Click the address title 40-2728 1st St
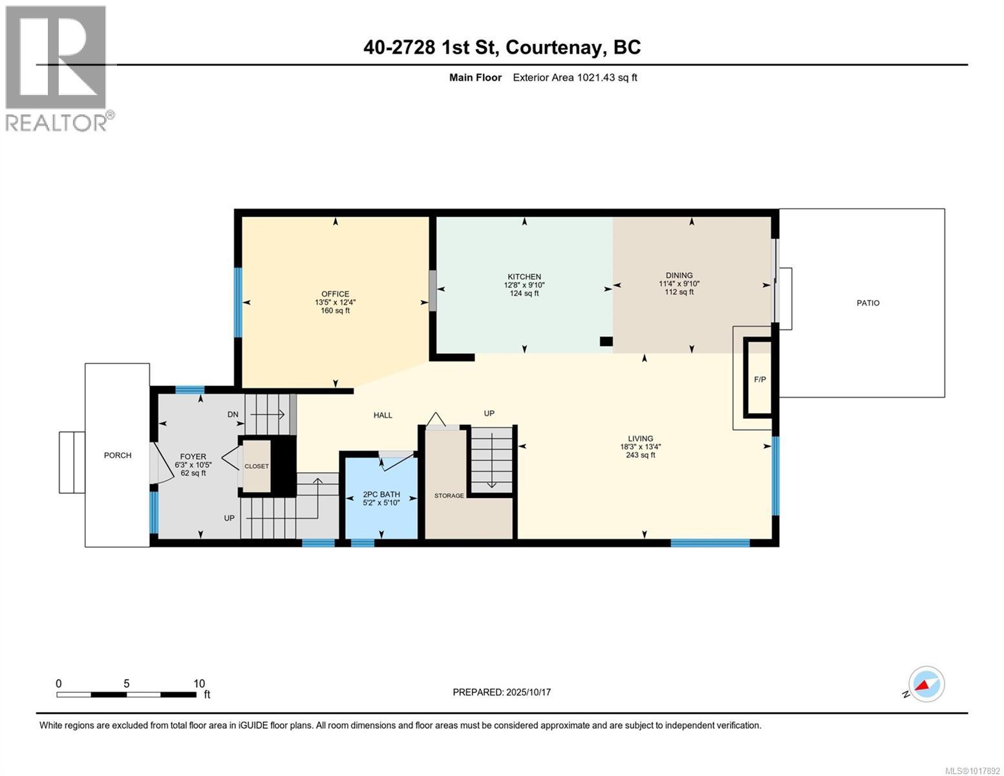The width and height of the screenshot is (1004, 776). click(x=502, y=47)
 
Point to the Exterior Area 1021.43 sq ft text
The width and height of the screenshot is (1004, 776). click(x=575, y=78)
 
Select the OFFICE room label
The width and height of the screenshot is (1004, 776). click(x=335, y=294)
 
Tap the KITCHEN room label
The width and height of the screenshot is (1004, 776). click(x=524, y=277)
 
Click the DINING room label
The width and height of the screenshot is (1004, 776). click(x=679, y=275)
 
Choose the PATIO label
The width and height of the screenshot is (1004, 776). click(x=868, y=303)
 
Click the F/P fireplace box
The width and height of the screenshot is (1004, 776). click(x=760, y=379)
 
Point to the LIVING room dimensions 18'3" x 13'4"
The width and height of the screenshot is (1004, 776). click(x=640, y=446)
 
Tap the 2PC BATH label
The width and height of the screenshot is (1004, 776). click(x=381, y=494)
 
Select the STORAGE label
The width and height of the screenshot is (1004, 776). click(x=449, y=495)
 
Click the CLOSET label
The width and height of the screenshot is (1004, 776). click(x=256, y=466)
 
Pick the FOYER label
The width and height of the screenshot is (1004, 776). click(x=193, y=457)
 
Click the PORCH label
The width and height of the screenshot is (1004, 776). click(x=118, y=455)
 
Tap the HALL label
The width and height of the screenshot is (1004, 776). click(x=383, y=415)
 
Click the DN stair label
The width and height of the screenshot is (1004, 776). click(x=233, y=414)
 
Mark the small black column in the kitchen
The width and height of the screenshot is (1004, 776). click(x=606, y=341)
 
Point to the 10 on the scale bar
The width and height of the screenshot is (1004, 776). click(x=199, y=684)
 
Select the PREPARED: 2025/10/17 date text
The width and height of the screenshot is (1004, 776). click(x=502, y=692)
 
